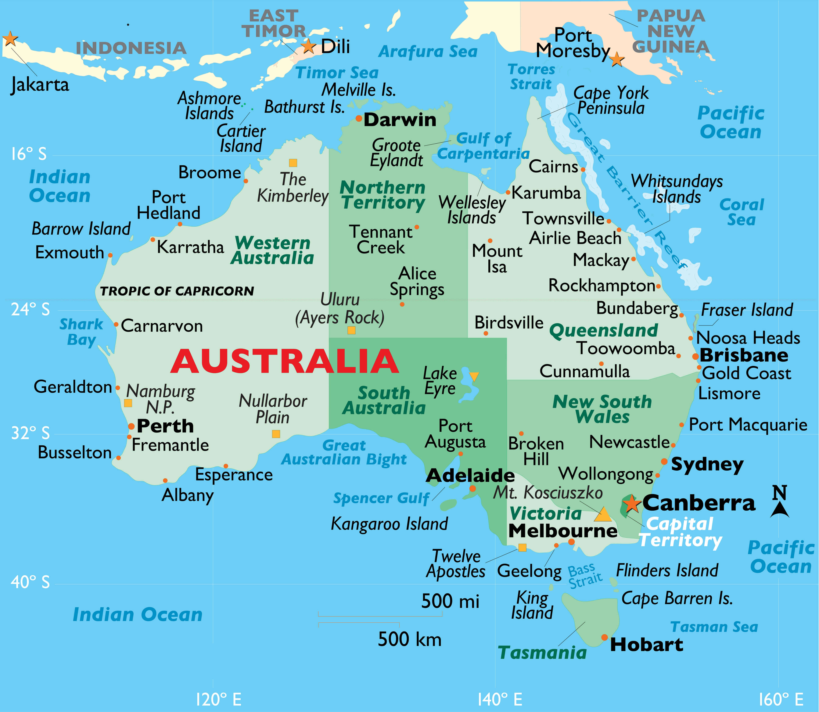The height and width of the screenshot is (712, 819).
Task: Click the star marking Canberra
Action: tap(631, 503)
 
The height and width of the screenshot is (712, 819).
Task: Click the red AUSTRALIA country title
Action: tap(284, 361)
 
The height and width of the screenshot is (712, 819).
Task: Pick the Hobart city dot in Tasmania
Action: tap(604, 637)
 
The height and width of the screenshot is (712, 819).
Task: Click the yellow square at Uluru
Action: tap(351, 330)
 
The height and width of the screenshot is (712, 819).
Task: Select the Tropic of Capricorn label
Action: tap(177, 291)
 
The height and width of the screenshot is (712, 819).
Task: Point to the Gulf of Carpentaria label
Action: tap(483, 146)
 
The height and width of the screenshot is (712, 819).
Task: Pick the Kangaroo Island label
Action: tap(389, 524)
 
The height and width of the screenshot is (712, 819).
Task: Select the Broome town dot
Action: tap(246, 181)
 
